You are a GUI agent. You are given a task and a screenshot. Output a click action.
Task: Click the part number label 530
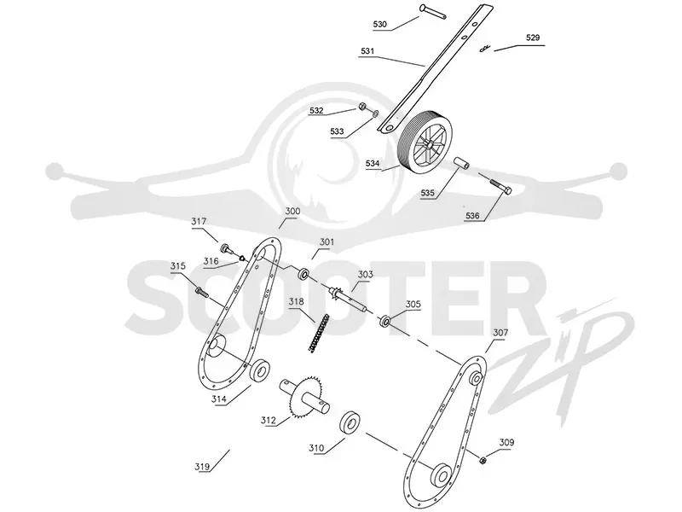(x=379, y=25)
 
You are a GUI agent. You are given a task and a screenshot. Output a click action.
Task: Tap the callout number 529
(x=533, y=38)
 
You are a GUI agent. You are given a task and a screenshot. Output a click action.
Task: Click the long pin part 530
(x=432, y=11)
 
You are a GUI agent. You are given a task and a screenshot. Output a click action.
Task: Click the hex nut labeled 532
(x=361, y=106)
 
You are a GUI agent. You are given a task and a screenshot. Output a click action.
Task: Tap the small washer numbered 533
(x=375, y=114)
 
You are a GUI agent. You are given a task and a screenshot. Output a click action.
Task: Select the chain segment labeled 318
(x=319, y=333)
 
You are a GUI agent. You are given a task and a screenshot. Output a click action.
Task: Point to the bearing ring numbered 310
(x=350, y=422)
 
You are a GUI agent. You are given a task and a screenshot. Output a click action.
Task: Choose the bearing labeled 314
(x=261, y=371)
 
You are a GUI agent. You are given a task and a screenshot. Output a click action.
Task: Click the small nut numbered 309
(x=483, y=460)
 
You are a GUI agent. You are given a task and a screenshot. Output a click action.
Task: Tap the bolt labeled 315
(x=201, y=292)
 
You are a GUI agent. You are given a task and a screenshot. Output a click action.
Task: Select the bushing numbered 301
(x=303, y=274)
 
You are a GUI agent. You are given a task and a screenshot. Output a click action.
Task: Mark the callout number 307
(x=500, y=333)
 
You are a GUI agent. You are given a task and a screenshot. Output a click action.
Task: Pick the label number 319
(x=202, y=467)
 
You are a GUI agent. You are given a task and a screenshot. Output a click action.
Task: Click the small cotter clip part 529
(x=485, y=49)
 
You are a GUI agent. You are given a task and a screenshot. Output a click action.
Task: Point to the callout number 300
(x=292, y=211)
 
